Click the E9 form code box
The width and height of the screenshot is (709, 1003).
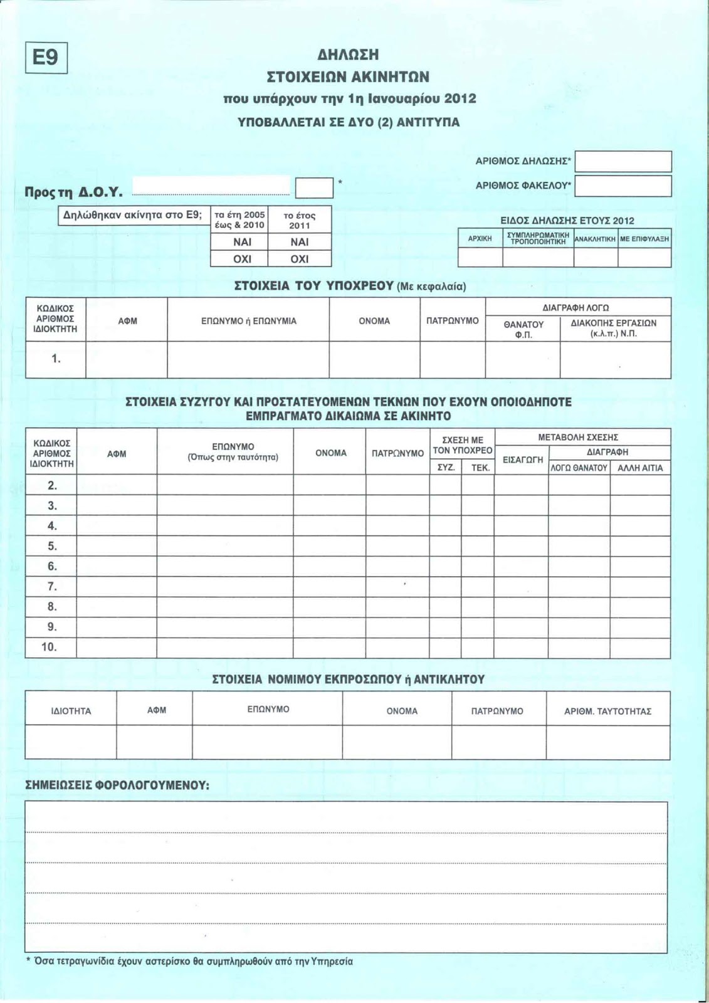[x=46, y=58]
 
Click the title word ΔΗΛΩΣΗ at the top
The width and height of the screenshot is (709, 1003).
[x=348, y=55]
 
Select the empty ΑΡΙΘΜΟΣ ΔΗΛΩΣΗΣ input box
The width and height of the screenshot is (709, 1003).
[x=623, y=162]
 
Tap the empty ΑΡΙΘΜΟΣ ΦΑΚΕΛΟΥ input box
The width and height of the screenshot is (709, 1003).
[x=623, y=186]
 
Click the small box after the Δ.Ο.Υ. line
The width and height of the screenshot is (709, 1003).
[x=314, y=188]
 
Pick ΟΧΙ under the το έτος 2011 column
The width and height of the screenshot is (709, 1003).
[x=300, y=259]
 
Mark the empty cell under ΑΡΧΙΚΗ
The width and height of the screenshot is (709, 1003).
[x=480, y=258]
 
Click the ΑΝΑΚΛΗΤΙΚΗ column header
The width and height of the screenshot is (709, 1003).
[x=596, y=239]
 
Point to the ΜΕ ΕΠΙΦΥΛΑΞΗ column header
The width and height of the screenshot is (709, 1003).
[x=644, y=239]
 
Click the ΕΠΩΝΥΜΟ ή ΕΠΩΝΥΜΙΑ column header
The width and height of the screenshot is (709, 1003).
[x=248, y=321]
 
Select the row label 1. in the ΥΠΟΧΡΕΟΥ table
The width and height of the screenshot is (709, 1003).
[x=56, y=359]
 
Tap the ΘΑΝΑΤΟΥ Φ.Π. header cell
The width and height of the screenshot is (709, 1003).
[x=523, y=329]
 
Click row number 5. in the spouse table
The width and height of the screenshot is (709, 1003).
[x=52, y=546]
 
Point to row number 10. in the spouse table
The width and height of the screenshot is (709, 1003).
[x=50, y=647]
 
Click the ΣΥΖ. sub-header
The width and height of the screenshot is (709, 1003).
[x=446, y=468]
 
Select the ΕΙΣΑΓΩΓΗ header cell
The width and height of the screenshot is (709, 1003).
[x=522, y=459]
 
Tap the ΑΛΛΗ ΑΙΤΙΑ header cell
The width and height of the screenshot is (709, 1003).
[x=640, y=468]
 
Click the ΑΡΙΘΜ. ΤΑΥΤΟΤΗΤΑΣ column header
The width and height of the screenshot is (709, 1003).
[x=607, y=711]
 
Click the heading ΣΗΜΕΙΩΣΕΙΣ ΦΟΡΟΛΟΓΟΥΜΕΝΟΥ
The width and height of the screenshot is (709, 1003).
[x=117, y=785]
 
